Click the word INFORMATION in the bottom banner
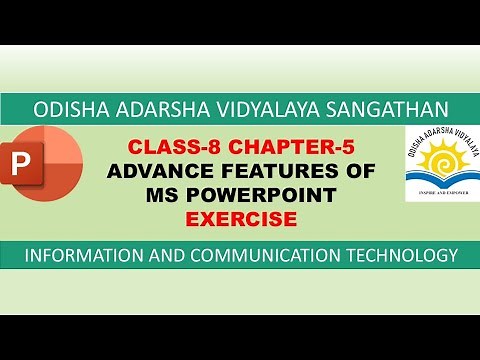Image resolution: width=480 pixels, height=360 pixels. coord(81,256)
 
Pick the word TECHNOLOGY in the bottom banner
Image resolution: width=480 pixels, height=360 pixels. coord(393,256)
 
